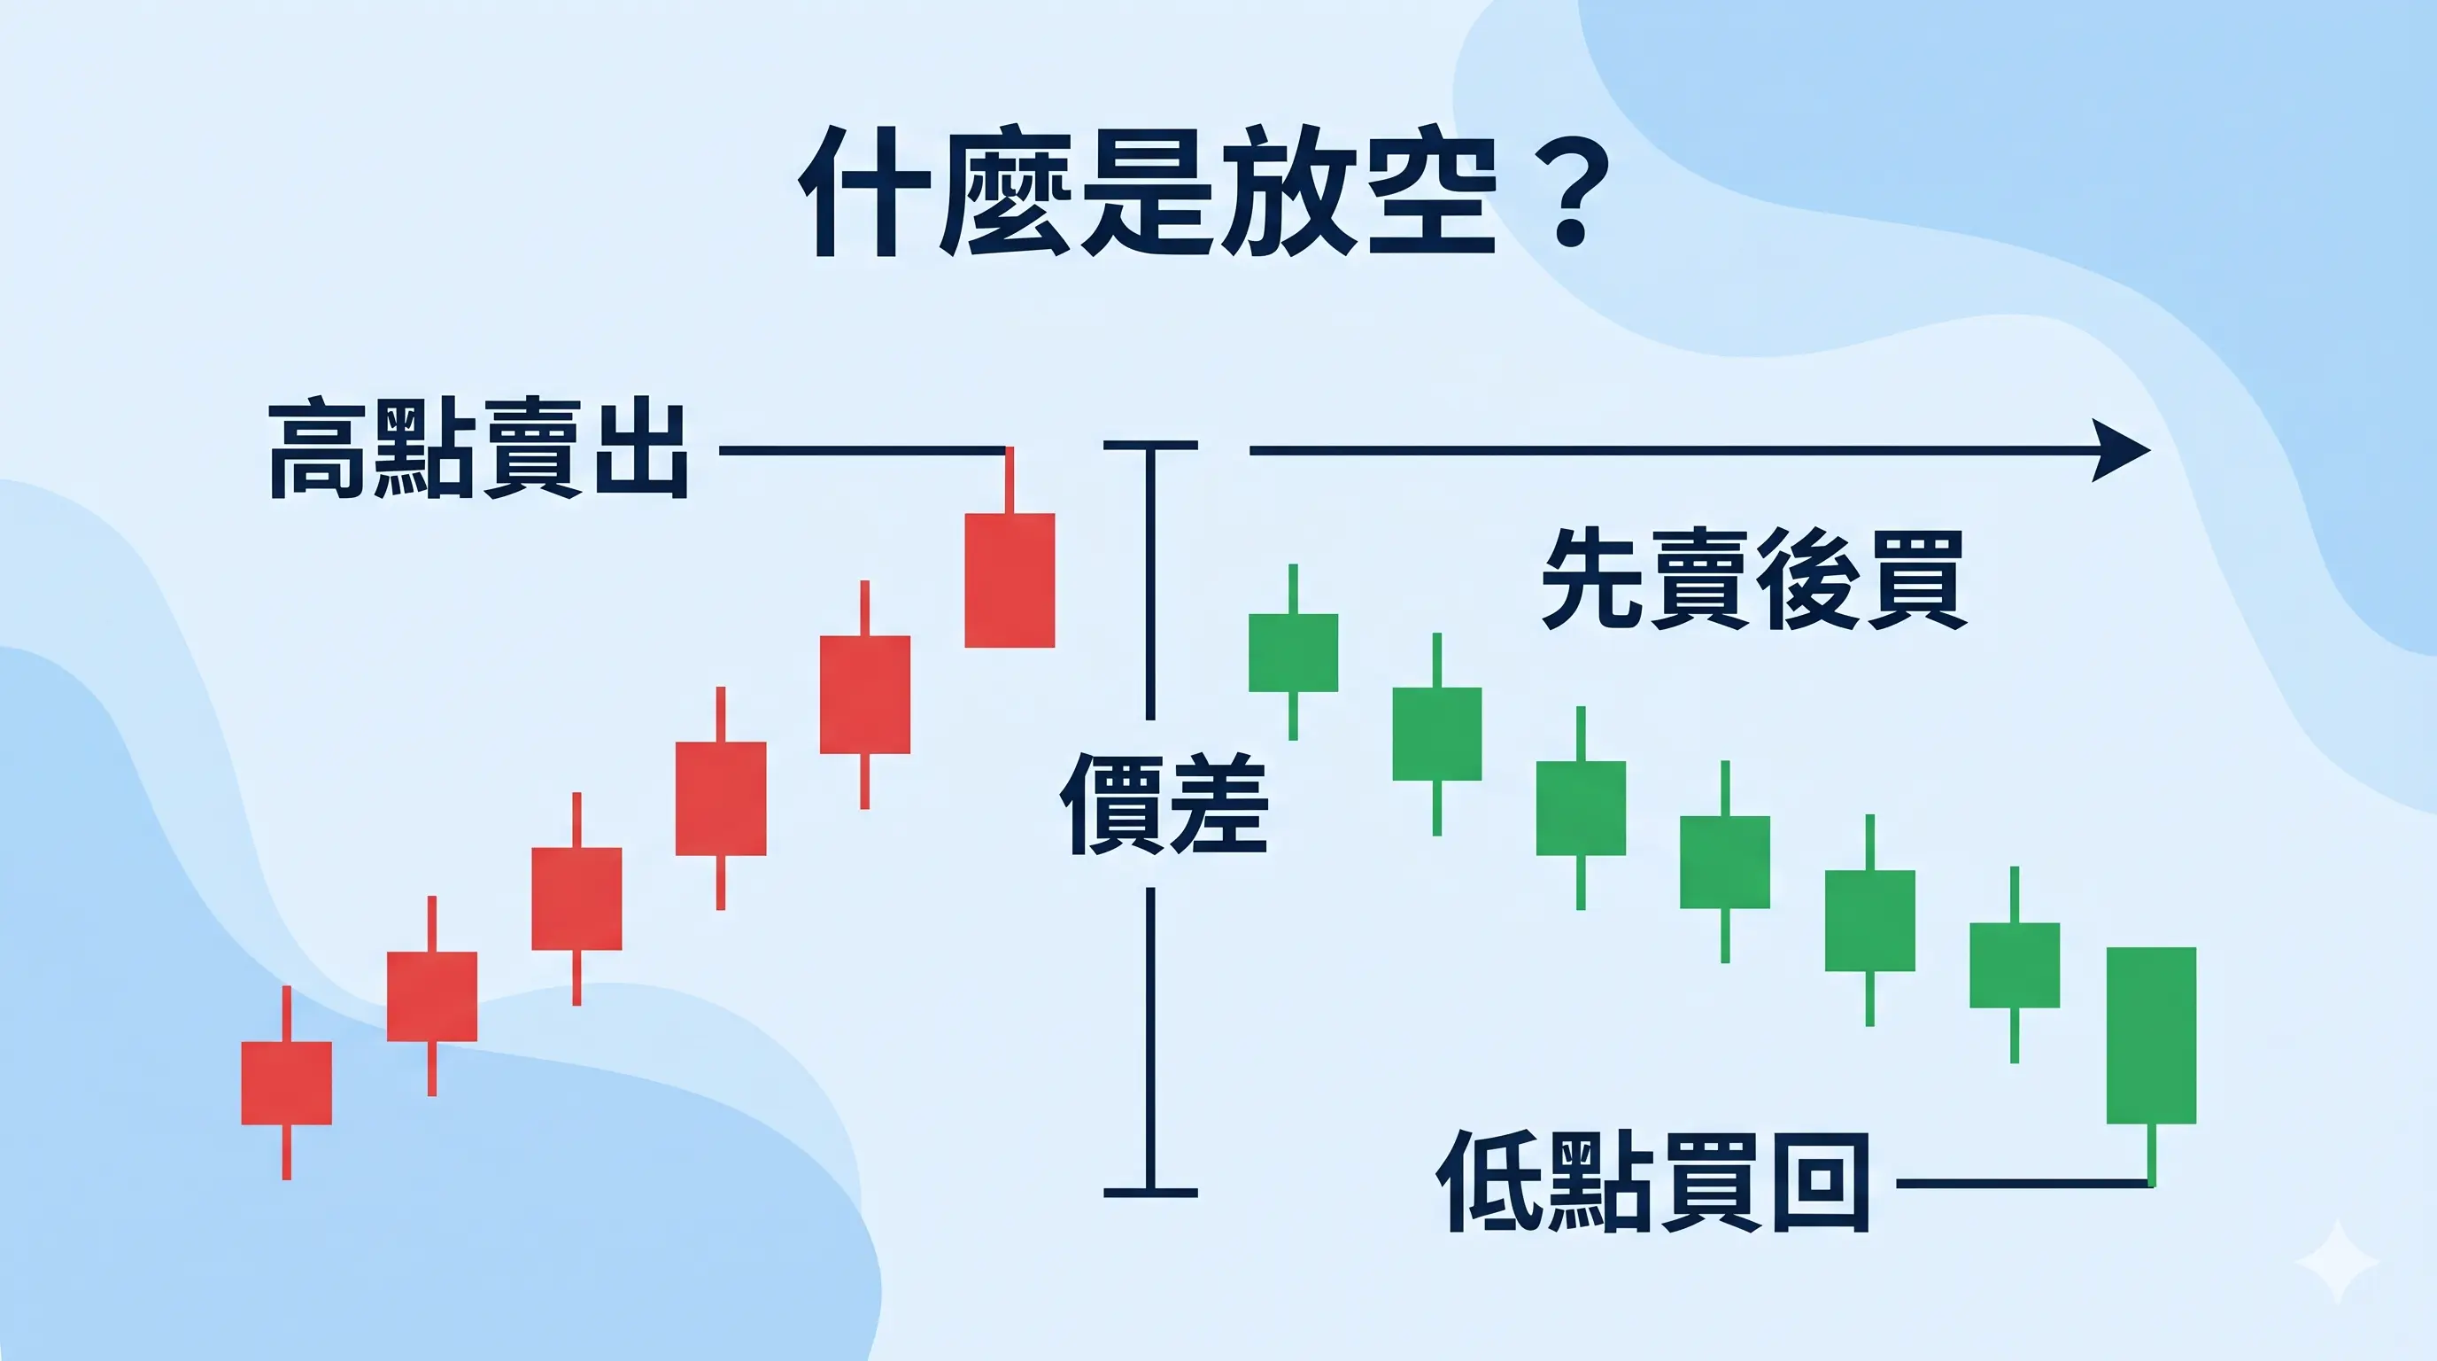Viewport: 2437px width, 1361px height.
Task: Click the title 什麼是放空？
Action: coord(1202,194)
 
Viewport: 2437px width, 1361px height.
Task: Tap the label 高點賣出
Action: coord(479,449)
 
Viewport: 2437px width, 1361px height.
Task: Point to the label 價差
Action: coord(1164,804)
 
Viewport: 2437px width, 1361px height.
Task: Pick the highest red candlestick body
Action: coord(1010,580)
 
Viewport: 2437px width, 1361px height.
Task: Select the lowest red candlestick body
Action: coord(287,1083)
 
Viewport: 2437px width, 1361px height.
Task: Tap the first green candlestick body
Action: coord(1293,652)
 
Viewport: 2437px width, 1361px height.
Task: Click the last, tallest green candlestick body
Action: coord(2151,1036)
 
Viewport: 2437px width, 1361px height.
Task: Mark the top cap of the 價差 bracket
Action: coord(1150,445)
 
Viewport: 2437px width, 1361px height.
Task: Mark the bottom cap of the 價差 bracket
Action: coord(1150,1193)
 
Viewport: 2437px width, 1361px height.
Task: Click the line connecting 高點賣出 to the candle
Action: coord(861,450)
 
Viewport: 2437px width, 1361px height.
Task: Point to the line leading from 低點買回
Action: coord(2024,1182)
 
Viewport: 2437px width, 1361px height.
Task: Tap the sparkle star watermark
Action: coord(2337,1262)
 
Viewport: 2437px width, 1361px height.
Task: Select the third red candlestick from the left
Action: coord(576,898)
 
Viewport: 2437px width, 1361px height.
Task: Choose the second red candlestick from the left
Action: coord(431,996)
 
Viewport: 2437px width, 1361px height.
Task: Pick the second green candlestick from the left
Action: coord(1437,734)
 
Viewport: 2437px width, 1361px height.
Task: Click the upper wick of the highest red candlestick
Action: coord(1010,481)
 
